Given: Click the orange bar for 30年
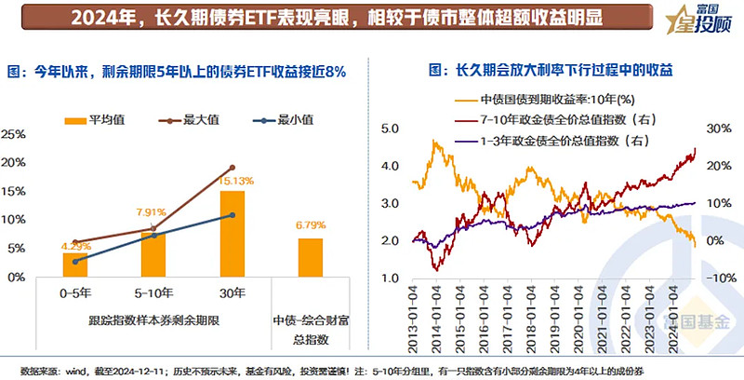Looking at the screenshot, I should (232, 234).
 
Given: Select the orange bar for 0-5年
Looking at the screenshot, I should (75, 265).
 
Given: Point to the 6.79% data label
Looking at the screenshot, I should (311, 225).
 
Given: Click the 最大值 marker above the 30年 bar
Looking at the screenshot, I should (232, 168).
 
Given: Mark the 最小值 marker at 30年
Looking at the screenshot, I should (232, 215).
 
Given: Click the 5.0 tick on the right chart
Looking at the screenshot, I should (391, 128).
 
